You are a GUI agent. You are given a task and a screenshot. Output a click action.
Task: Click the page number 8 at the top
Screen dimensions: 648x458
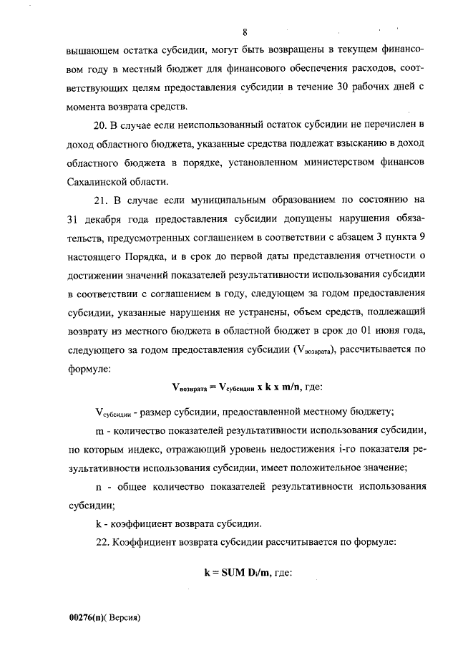click(x=245, y=33)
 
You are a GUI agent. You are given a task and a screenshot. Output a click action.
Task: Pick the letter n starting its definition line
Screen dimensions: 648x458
click(x=99, y=487)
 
